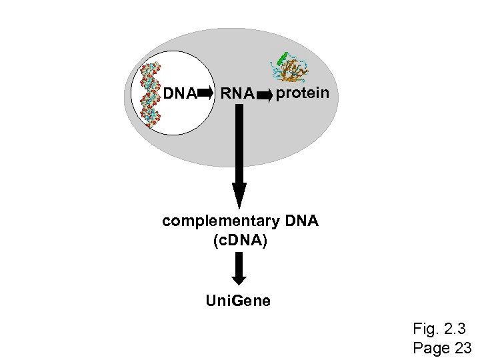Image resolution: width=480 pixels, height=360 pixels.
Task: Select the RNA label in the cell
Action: tap(237, 95)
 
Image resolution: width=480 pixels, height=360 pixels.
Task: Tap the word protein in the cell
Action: tap(302, 93)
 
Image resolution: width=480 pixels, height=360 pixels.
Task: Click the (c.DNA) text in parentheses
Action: tap(240, 240)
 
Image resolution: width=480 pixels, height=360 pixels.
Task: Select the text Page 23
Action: tap(443, 347)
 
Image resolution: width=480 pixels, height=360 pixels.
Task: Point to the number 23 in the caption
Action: tap(462, 347)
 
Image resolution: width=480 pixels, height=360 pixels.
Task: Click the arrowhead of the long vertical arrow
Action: tap(239, 197)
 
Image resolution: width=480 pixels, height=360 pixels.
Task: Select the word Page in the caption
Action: tap(431, 347)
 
